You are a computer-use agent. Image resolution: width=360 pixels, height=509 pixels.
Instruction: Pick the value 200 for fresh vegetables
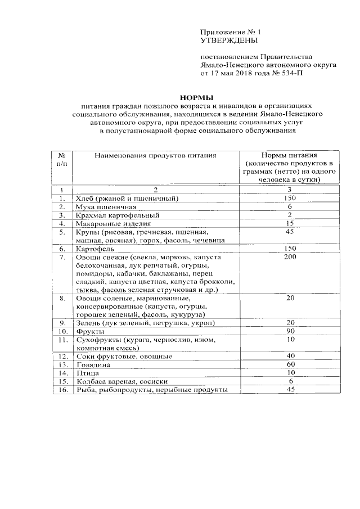click(x=290, y=257)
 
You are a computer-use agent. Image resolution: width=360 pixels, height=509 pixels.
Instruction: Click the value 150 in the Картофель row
click(x=290, y=248)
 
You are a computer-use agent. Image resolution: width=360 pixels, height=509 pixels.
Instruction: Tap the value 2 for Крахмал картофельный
click(x=290, y=215)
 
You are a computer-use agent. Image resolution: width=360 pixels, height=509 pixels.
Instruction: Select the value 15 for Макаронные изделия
click(x=290, y=223)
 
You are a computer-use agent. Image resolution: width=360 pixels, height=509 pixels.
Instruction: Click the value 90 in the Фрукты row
click(x=290, y=331)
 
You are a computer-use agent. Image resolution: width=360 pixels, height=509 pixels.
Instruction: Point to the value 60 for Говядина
click(x=290, y=364)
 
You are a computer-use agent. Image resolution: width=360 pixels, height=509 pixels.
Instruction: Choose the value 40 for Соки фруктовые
click(x=290, y=356)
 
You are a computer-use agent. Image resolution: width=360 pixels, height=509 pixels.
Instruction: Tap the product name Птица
click(x=85, y=373)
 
